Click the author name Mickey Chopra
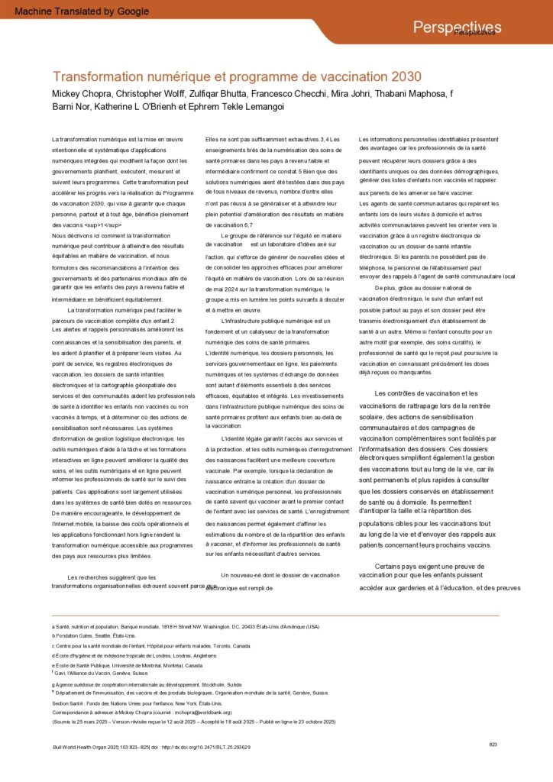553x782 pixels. (79, 94)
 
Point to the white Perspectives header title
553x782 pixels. (457, 27)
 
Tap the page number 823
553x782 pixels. (493, 744)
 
